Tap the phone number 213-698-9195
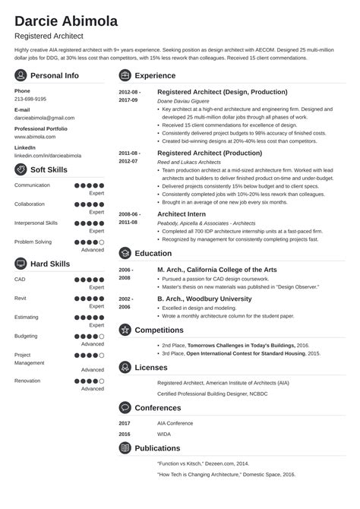[x=30, y=99]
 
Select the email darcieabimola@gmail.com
[x=45, y=118]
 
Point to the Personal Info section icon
[x=21, y=76]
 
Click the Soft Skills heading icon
[x=21, y=168]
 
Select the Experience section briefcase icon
[x=125, y=76]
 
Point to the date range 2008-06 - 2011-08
[x=128, y=219]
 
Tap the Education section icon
[x=125, y=253]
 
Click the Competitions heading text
[x=159, y=330]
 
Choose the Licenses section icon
[x=125, y=367]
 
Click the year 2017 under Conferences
[x=125, y=422]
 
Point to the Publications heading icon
[x=125, y=448]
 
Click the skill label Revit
[x=21, y=298]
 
